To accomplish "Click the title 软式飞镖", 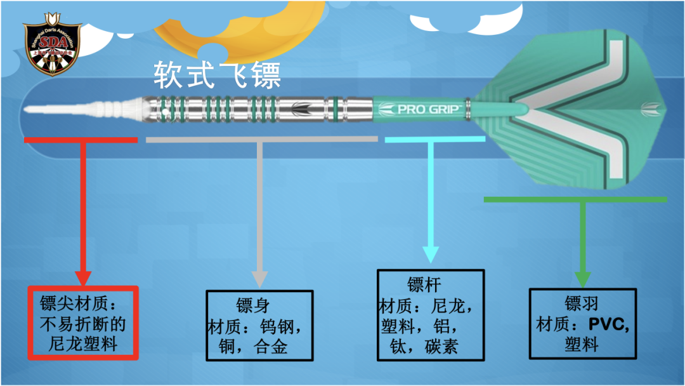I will (x=216, y=76).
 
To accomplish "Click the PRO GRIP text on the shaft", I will (x=419, y=109).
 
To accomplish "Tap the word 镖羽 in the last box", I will (x=582, y=303).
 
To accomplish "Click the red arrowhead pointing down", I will (x=83, y=277).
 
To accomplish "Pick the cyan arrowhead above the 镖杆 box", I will (x=431, y=254).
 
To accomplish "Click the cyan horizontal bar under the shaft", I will (x=431, y=139).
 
